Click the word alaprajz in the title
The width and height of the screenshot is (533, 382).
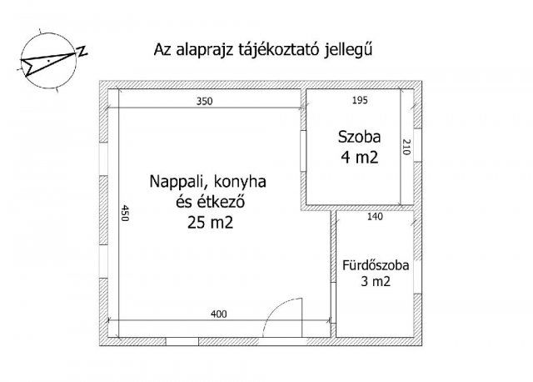click(x=202, y=50)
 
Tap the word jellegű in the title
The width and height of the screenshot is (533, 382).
click(x=345, y=50)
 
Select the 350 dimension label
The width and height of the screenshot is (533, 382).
click(x=205, y=102)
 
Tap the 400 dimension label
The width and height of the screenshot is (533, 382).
click(x=218, y=314)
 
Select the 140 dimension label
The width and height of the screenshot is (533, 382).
click(x=374, y=217)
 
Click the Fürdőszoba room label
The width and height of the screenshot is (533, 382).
click(x=376, y=267)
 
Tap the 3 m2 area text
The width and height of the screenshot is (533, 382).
click(x=376, y=283)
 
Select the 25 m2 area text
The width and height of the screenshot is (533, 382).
click(x=210, y=223)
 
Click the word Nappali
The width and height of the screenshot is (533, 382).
click(x=178, y=181)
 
